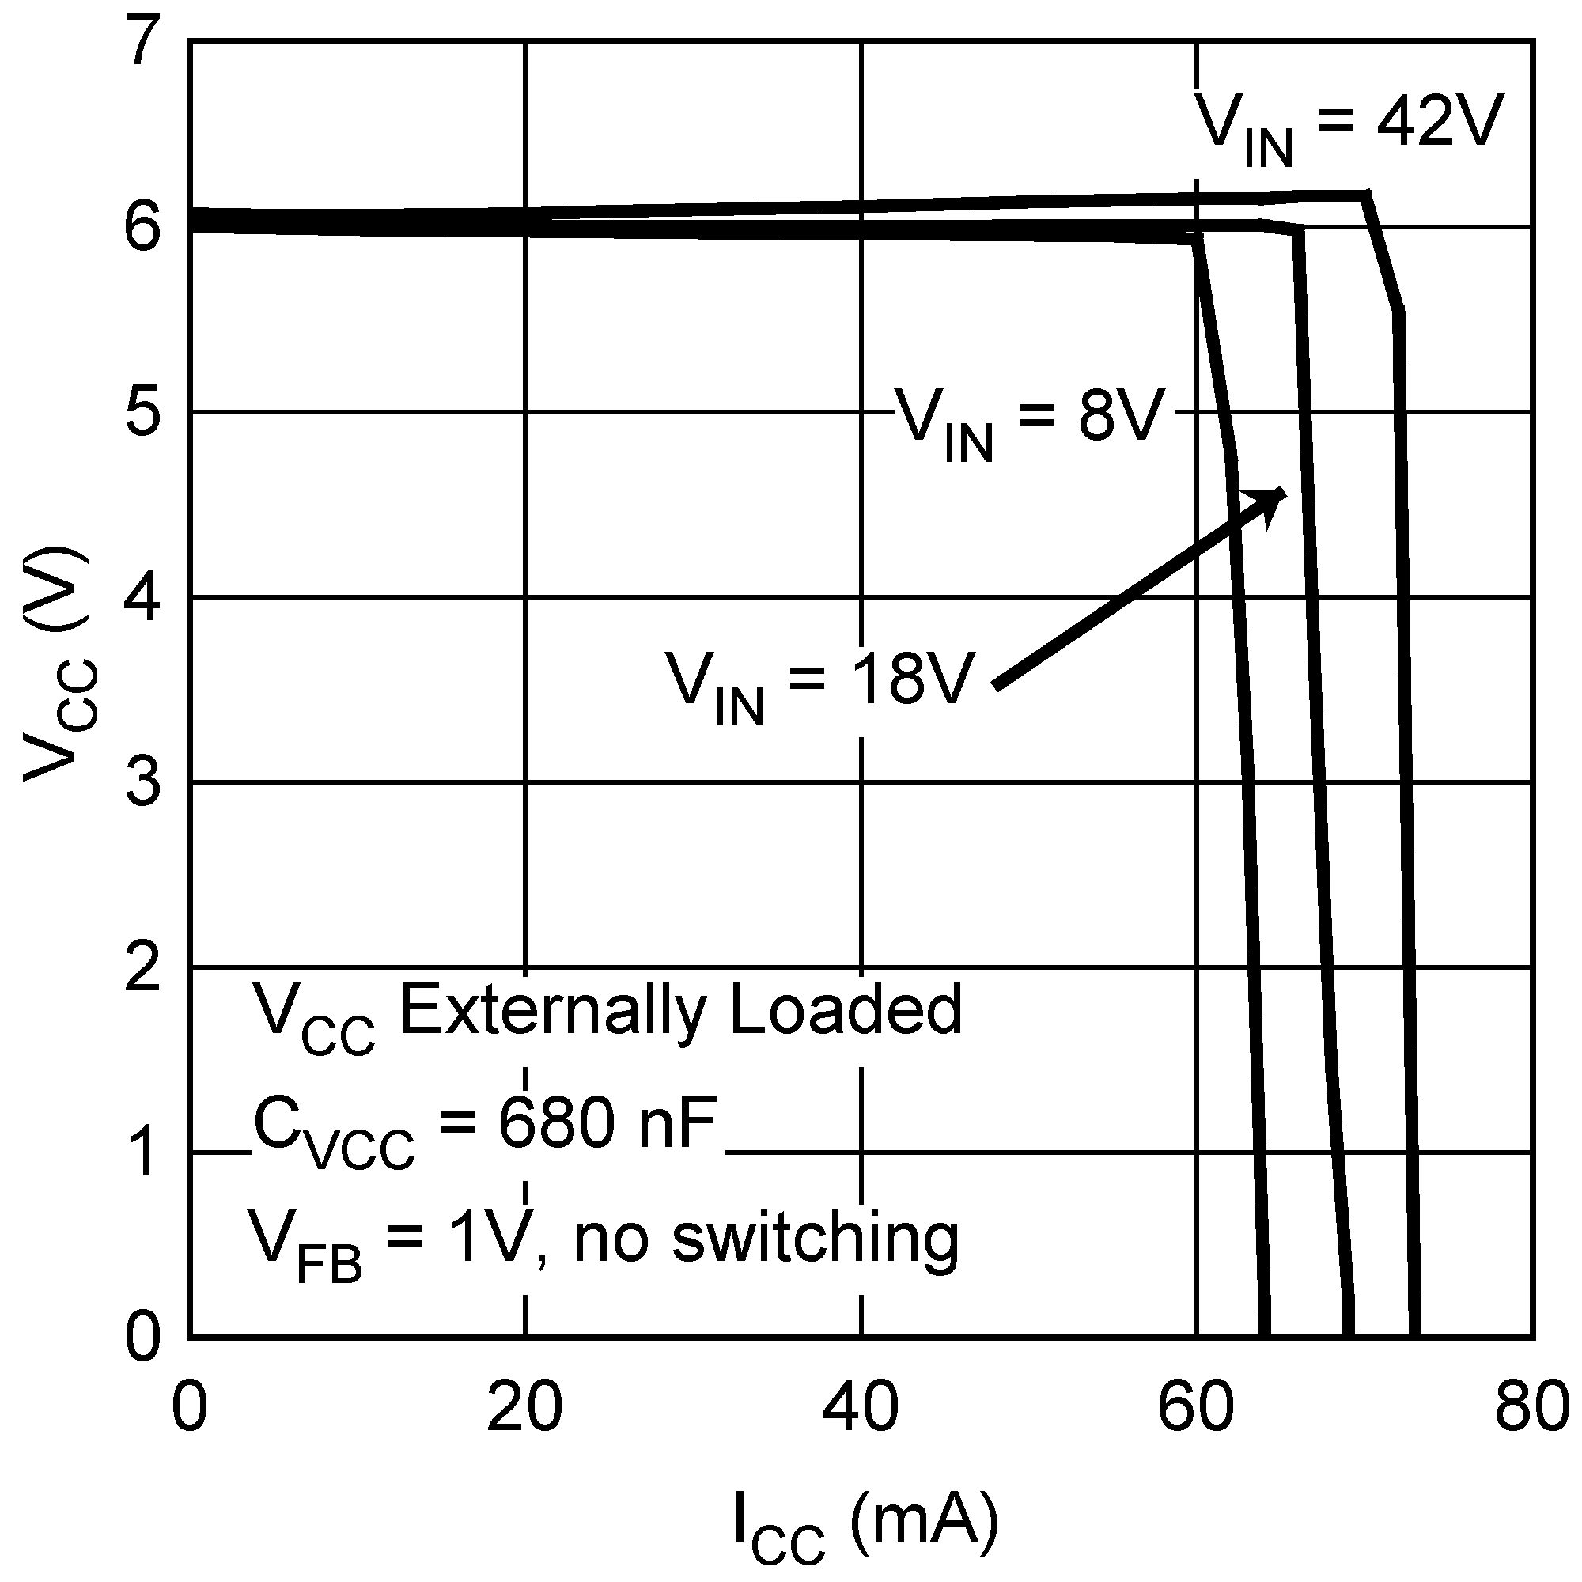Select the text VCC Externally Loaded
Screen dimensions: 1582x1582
coord(607,1016)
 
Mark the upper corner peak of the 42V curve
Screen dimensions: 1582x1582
coord(1365,194)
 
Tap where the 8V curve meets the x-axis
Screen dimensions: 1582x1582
coord(1264,1337)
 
